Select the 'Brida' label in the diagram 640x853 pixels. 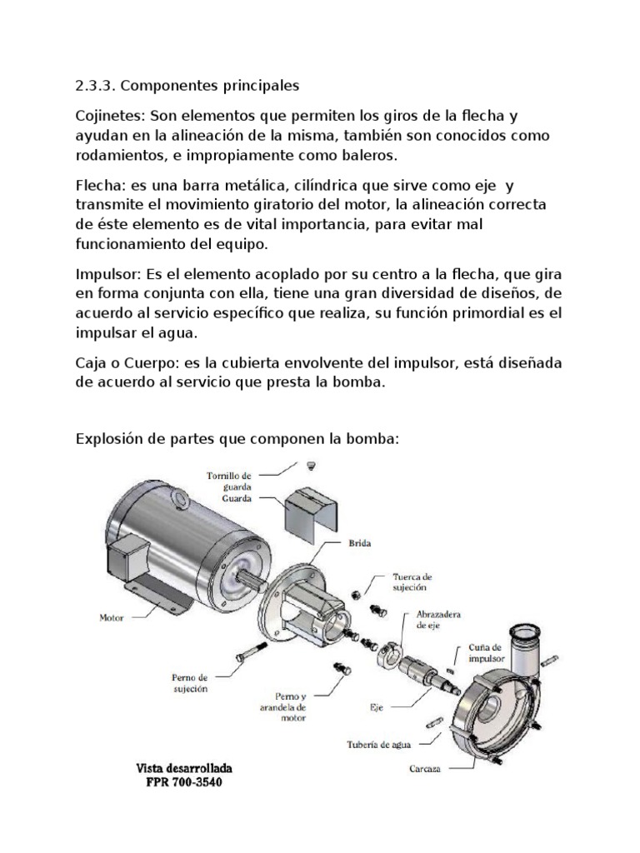tap(359, 542)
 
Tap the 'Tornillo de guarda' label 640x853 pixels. tap(228, 481)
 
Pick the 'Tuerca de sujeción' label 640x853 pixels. tap(413, 580)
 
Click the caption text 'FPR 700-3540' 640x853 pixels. tap(185, 783)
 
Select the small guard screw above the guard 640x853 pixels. tap(310, 464)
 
